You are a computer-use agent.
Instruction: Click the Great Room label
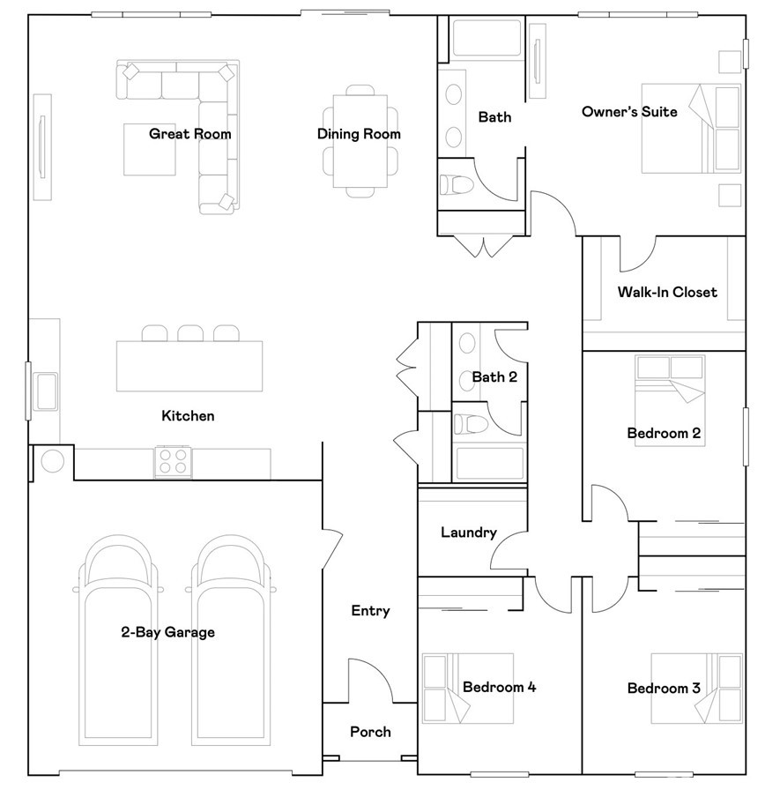click(x=189, y=134)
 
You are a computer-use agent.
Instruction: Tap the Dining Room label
click(x=359, y=134)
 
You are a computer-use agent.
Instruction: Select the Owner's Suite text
click(x=629, y=112)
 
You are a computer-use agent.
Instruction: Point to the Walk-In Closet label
click(x=666, y=292)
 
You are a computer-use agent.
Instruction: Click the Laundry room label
click(x=468, y=533)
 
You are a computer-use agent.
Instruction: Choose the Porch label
click(x=370, y=732)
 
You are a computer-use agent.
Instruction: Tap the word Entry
click(x=370, y=610)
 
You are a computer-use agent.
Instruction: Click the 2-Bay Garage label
click(x=167, y=632)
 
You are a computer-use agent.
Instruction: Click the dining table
click(x=359, y=141)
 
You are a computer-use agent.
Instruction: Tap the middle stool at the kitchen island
click(x=190, y=333)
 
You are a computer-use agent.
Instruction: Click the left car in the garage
click(x=118, y=635)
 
